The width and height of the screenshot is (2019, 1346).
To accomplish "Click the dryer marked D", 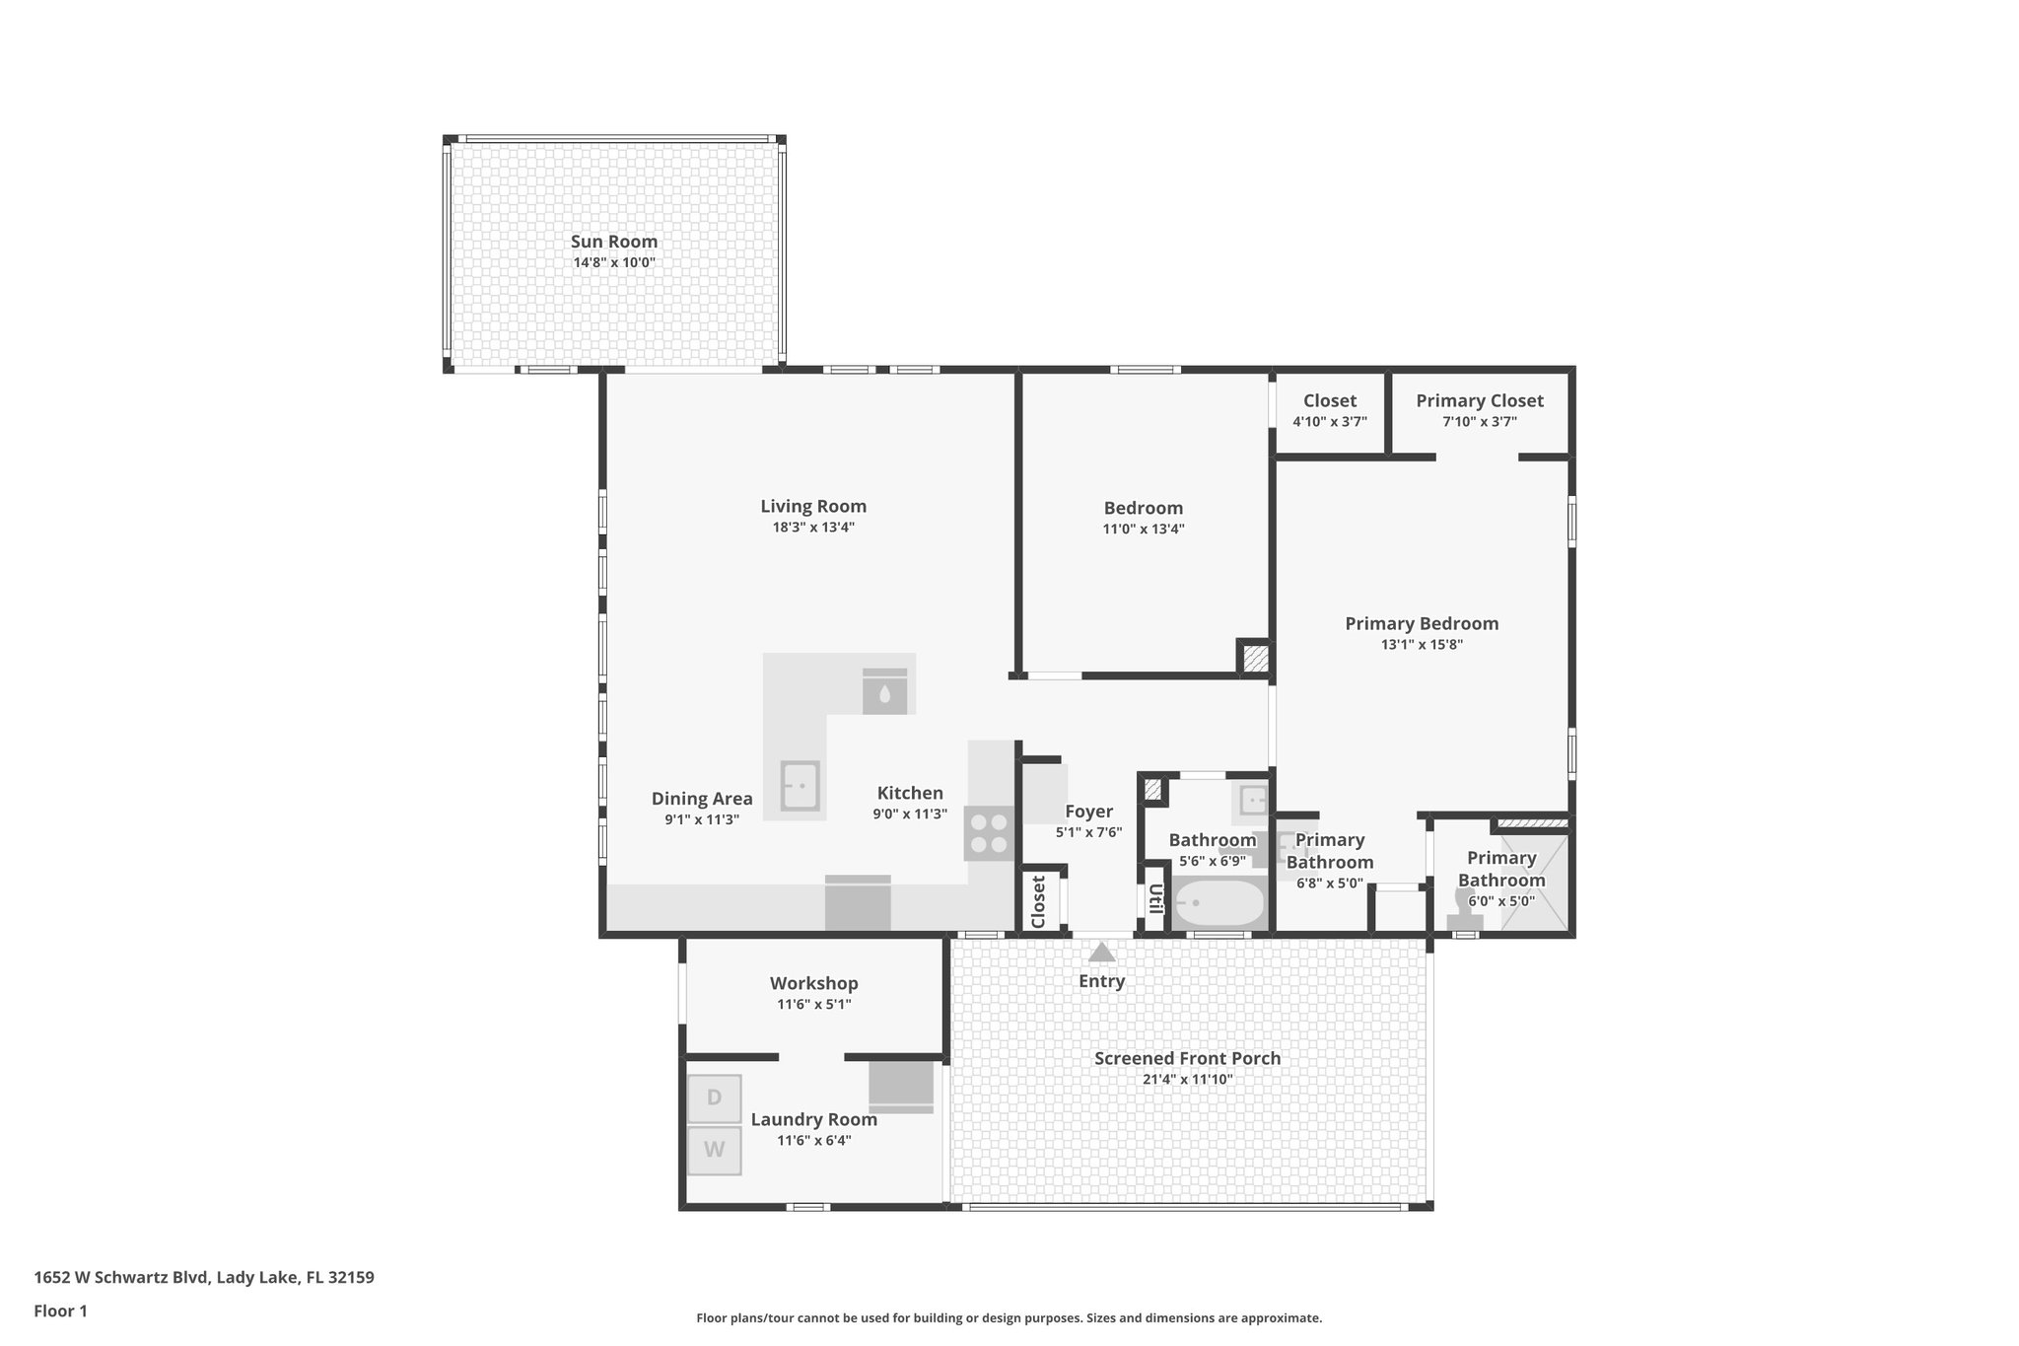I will (714, 1098).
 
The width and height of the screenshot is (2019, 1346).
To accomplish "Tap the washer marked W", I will (714, 1150).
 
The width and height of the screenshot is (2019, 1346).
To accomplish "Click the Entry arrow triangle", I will (1101, 953).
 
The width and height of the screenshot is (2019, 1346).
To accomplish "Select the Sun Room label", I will (613, 242).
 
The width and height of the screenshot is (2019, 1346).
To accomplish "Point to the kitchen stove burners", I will (989, 833).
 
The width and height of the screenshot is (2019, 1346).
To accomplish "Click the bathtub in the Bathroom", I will (1218, 902).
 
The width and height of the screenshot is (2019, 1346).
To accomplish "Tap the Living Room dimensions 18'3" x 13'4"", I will (812, 528).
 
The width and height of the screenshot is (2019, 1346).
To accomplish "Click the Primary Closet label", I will (1479, 400).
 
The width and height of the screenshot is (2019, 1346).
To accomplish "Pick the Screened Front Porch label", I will (1187, 1058).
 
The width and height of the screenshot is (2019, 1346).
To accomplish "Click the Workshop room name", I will (813, 983).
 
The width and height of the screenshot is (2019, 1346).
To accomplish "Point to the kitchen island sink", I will (800, 786).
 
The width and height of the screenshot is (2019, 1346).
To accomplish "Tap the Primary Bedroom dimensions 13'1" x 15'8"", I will (1422, 645).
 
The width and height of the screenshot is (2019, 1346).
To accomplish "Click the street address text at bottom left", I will (204, 1277).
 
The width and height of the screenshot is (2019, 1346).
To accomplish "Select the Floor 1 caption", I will (60, 1311).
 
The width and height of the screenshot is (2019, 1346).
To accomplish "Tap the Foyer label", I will (1088, 812).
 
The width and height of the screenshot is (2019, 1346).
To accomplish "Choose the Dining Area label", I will (701, 799).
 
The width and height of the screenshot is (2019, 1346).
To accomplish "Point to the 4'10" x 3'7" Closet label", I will (1329, 400).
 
